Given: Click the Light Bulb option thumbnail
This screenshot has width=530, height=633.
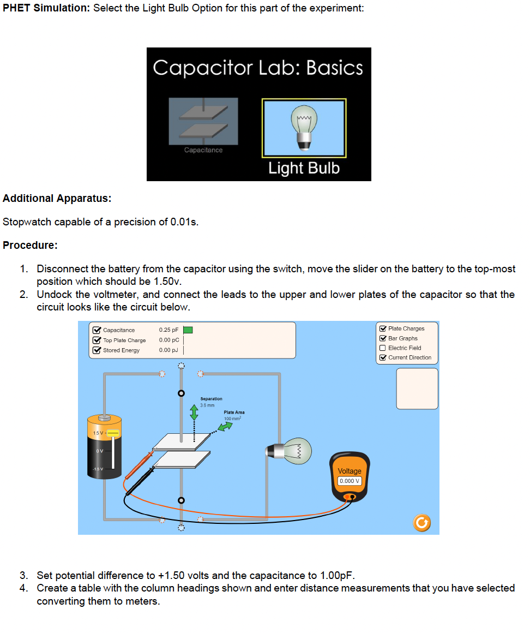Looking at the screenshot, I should (x=304, y=128).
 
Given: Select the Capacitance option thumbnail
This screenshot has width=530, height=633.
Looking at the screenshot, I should (x=203, y=122).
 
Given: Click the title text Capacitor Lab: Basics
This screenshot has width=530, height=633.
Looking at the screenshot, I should (x=258, y=68).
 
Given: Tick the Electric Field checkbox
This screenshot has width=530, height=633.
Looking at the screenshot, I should (x=382, y=348).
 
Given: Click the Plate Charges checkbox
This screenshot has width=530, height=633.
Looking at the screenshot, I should (x=382, y=329).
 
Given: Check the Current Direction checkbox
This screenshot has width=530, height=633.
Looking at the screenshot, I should (x=382, y=358).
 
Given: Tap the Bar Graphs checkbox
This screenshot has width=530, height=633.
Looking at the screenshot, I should (x=382, y=338).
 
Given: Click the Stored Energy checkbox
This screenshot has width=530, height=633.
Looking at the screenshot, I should (x=97, y=350).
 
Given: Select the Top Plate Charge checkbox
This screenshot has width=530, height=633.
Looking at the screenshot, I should (x=97, y=340).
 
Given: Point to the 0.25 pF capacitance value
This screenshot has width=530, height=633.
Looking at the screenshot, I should (x=168, y=330).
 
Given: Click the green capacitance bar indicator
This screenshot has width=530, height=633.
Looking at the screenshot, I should (x=188, y=330).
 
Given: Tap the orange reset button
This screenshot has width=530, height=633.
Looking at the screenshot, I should (x=421, y=523).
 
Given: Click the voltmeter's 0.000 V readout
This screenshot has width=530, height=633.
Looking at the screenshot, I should (x=349, y=481).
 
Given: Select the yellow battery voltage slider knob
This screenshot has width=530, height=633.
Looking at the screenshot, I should (x=113, y=433).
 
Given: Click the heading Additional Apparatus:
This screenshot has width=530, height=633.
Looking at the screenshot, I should (x=57, y=199).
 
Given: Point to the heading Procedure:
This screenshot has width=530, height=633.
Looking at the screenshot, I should (x=31, y=246).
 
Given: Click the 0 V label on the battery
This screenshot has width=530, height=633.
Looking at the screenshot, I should (x=99, y=451).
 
